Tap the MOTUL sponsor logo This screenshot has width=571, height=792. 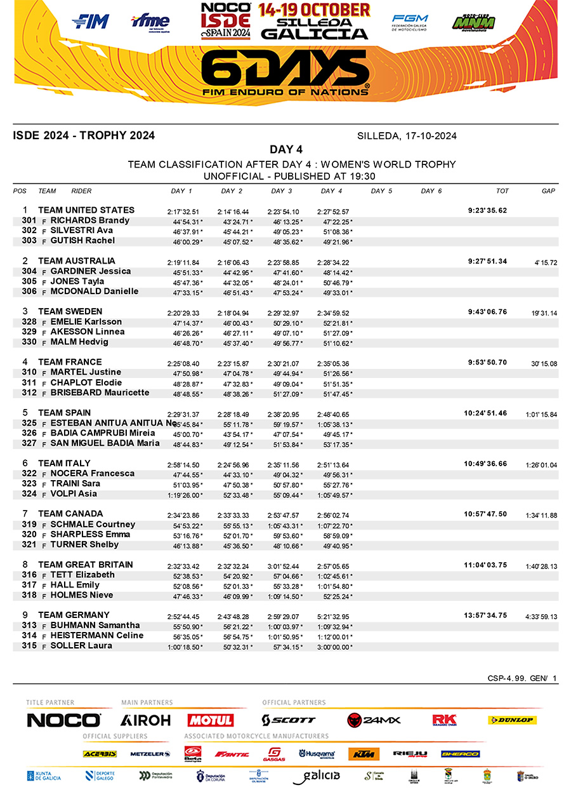(210, 720)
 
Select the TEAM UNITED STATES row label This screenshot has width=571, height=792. (86, 210)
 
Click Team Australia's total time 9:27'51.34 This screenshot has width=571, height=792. (487, 261)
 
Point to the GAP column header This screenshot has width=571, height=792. (549, 191)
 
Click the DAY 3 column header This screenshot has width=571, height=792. (282, 191)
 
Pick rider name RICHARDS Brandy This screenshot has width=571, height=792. (90, 220)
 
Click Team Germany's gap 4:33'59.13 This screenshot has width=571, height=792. (541, 617)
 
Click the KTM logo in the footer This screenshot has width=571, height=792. (363, 754)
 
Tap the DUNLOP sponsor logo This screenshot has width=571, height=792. (512, 720)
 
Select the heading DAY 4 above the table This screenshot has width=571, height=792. (285, 150)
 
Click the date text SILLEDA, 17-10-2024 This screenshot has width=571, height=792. (407, 136)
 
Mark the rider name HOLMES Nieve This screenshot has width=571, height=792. (82, 595)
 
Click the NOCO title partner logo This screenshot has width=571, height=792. (63, 720)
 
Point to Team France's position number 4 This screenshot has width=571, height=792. (25, 362)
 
